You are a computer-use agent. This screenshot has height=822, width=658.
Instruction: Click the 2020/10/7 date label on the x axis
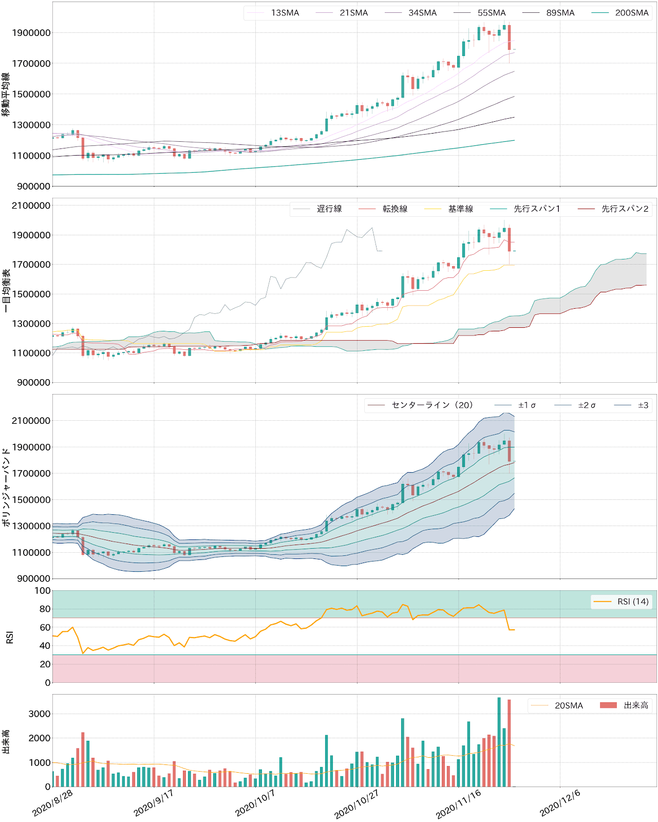255,802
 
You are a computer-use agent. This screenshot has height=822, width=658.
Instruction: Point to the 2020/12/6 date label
560,802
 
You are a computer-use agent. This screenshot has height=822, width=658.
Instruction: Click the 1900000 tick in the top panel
31,33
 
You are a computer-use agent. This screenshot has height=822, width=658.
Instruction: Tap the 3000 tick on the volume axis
40,714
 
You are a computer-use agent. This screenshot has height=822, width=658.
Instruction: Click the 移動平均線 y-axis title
6,94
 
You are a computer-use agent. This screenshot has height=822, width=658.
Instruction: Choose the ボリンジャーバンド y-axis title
6,487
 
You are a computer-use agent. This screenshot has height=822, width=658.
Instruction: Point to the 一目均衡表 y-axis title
6,291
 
